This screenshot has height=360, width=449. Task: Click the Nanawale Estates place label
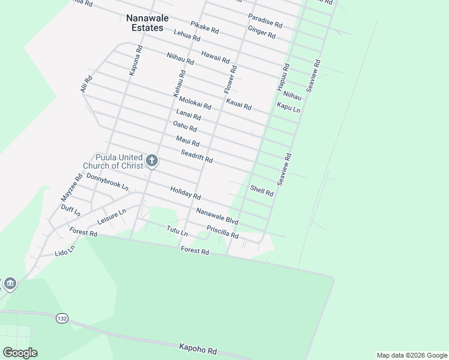click(x=145, y=23)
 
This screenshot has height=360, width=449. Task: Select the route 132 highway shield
click(x=61, y=317)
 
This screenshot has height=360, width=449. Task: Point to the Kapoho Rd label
click(x=197, y=349)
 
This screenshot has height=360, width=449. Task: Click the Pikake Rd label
click(x=204, y=27)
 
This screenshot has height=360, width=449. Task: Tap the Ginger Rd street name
click(x=261, y=32)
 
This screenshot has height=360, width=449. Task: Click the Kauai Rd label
click(x=238, y=103)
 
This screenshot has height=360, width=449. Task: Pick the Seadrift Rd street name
click(x=197, y=157)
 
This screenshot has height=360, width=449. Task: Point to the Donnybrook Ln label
click(x=107, y=182)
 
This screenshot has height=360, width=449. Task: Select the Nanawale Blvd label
click(x=217, y=216)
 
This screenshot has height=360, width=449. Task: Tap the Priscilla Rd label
click(x=222, y=232)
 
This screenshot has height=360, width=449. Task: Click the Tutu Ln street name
click(x=177, y=230)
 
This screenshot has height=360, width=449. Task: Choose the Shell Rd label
click(x=262, y=191)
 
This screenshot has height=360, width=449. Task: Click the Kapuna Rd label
click(x=135, y=60)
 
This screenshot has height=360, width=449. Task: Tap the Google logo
click(x=20, y=353)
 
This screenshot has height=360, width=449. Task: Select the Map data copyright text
click(x=412, y=355)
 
